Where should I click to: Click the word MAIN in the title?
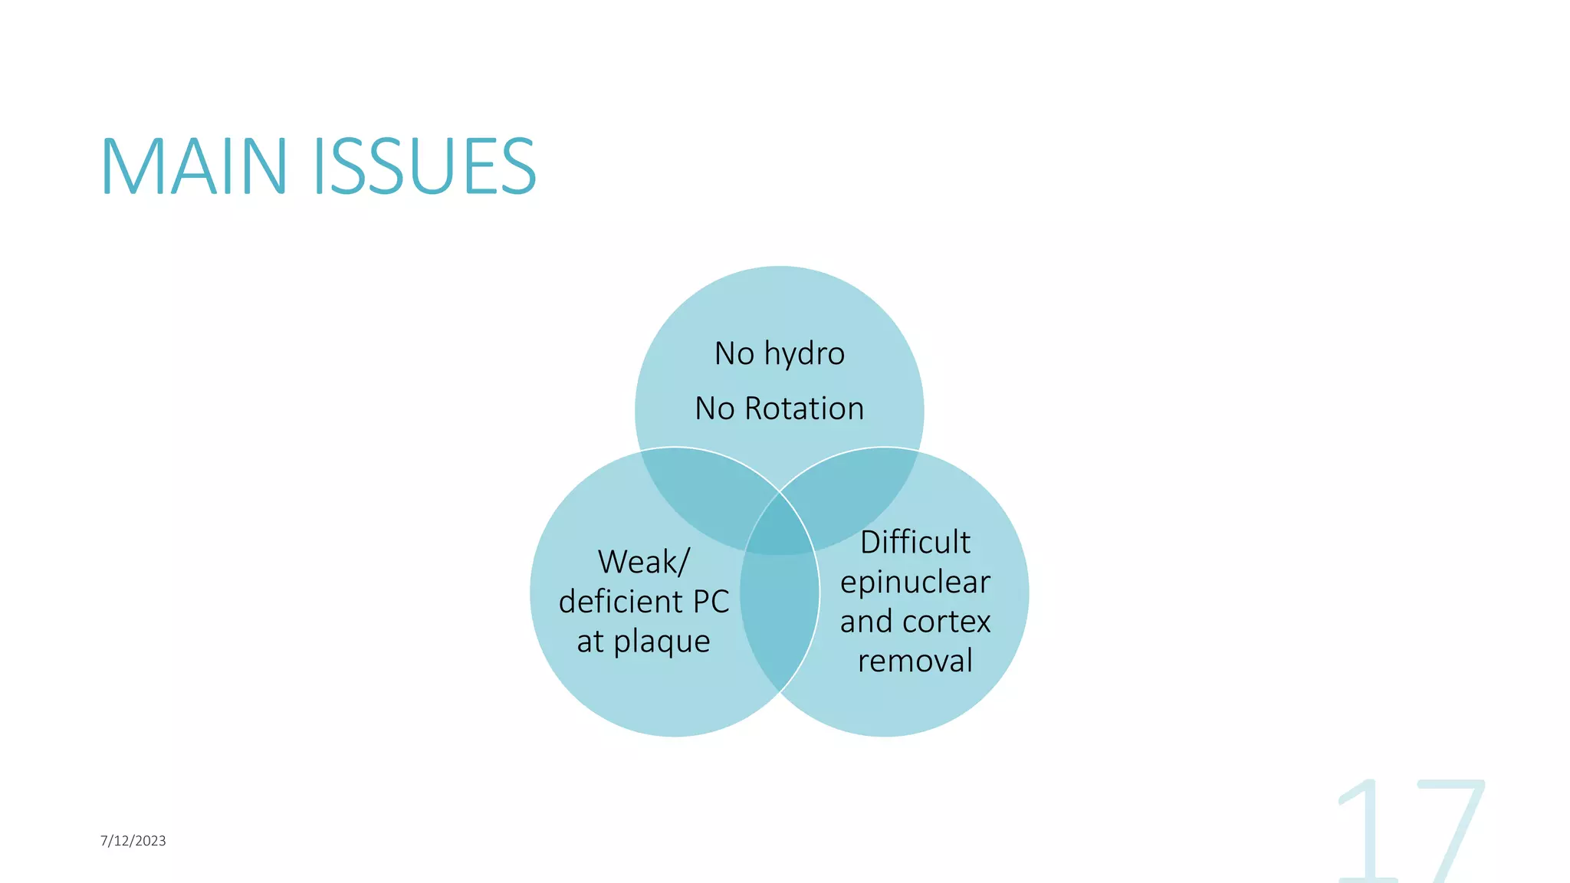194,166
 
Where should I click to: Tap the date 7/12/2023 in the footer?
133,841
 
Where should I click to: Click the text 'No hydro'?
779,353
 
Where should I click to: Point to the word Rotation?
804,409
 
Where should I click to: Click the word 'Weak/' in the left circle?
643,562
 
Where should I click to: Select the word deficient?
620,602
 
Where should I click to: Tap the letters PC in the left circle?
711,602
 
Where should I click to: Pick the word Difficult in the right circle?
915,542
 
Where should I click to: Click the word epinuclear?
915,583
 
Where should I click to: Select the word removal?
915,661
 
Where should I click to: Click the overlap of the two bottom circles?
779,613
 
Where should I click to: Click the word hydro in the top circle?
804,353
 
